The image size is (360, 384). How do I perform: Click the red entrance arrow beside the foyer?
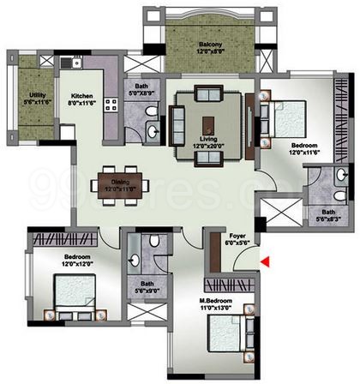(x=267, y=262)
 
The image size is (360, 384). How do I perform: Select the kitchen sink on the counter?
(x=77, y=63)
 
